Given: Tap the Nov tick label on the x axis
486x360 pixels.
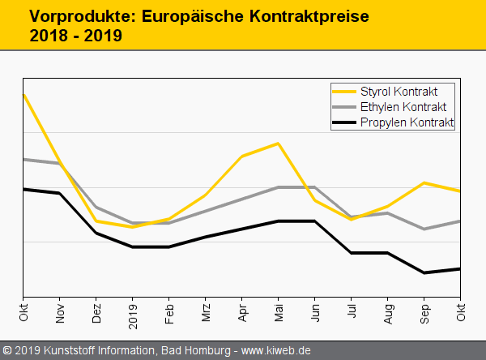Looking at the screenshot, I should coord(60,313).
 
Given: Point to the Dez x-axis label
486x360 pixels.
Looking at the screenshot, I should coord(96,313).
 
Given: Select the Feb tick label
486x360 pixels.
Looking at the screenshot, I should coord(169,313).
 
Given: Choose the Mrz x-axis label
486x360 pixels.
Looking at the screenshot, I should coord(206,313).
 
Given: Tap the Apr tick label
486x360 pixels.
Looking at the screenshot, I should coord(242,313).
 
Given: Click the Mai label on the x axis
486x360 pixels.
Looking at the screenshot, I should coord(279,313).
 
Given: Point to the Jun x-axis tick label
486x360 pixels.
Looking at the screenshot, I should coord(315,313).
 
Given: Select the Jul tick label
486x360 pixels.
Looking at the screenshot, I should coord(352,312).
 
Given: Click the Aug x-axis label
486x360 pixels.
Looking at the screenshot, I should coord(388,313).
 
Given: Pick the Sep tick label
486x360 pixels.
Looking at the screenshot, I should coord(424,313).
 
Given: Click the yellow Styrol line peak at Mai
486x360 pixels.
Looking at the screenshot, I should coord(279,144).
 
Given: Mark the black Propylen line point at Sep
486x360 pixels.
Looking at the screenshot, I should coord(424,272).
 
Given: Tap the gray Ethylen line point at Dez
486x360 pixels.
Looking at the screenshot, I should coord(96,207).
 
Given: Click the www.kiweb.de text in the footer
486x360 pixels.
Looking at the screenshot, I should coord(277,351).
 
